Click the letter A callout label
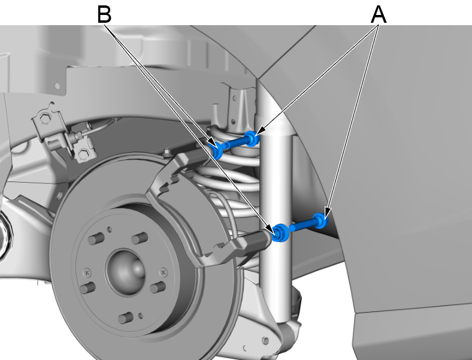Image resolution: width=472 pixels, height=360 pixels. [379, 14]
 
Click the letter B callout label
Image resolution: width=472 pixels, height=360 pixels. [104, 14]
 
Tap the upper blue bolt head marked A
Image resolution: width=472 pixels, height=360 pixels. [252, 138]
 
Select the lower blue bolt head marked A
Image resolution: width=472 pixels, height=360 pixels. [320, 220]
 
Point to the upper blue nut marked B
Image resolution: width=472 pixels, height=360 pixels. [217, 150]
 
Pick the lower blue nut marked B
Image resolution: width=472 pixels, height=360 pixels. [280, 233]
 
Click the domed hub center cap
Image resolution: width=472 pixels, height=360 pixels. [126, 270]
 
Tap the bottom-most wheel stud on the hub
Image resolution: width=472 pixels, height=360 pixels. [126, 317]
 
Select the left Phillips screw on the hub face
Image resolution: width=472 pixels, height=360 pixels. [87, 273]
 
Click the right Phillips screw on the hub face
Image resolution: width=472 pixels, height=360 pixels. [164, 273]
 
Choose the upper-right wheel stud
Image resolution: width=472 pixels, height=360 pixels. [140, 238]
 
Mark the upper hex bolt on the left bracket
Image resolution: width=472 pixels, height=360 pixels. [45, 119]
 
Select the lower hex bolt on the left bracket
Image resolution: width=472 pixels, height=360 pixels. [83, 155]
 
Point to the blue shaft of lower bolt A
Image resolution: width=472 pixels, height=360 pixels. [302, 225]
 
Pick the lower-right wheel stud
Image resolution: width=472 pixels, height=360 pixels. [158, 287]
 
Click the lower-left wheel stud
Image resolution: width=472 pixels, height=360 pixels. [87, 288]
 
